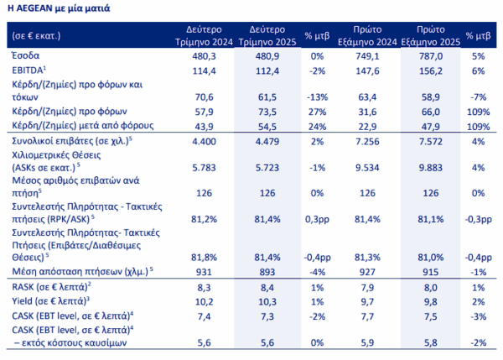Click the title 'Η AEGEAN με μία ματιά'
pyautogui.click(x=59, y=8)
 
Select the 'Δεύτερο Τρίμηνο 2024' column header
pyautogui.click(x=204, y=35)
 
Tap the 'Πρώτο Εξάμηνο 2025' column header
pyautogui.click(x=431, y=35)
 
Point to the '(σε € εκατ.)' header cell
pyautogui.click(x=36, y=35)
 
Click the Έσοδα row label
pyautogui.click(x=26, y=55)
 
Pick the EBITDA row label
pyautogui.click(x=29, y=70)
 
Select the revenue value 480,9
pyautogui.click(x=267, y=56)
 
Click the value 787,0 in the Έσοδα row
pyautogui.click(x=431, y=56)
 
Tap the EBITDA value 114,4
pyautogui.click(x=204, y=70)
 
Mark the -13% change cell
pyautogui.click(x=317, y=97)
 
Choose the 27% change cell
pyautogui.click(x=317, y=112)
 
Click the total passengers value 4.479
pyautogui.click(x=267, y=142)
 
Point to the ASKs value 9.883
pyautogui.click(x=431, y=168)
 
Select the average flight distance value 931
pyautogui.click(x=204, y=272)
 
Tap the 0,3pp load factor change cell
pyautogui.click(x=317, y=219)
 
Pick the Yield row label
pyautogui.click(x=50, y=301)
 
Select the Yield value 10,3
pyautogui.click(x=267, y=302)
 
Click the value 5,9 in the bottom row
pyautogui.click(x=367, y=343)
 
